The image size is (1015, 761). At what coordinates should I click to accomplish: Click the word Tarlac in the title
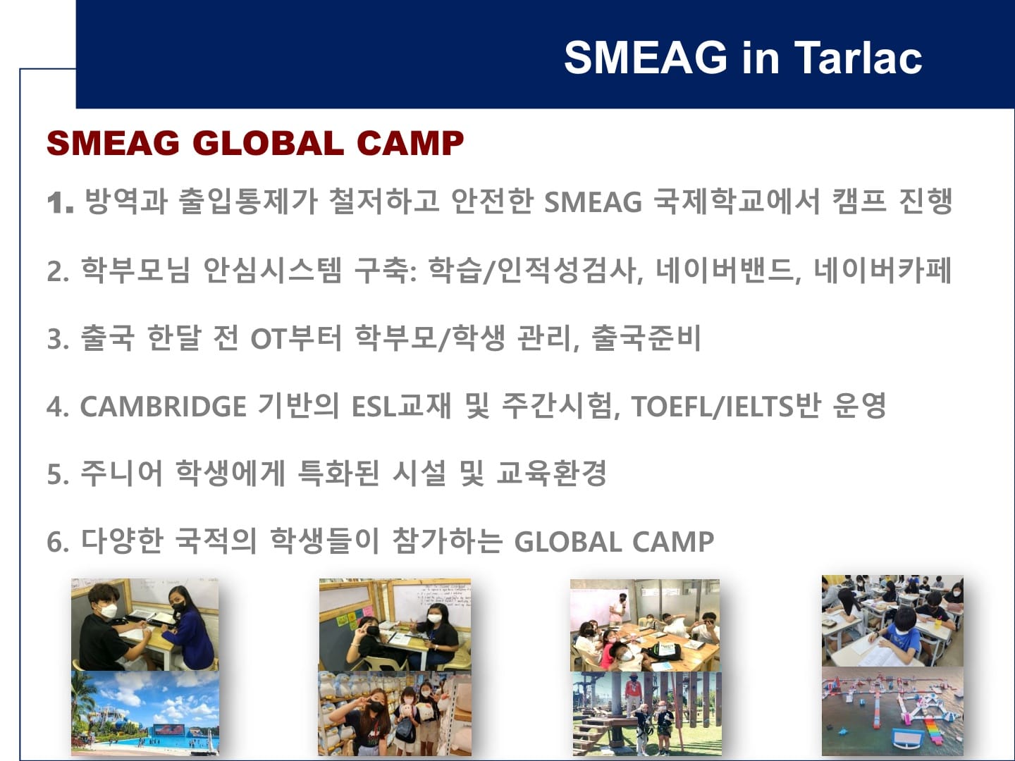pos(858,57)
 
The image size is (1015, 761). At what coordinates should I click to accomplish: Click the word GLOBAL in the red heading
pos(269,143)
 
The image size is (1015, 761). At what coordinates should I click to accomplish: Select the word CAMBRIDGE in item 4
pos(163,407)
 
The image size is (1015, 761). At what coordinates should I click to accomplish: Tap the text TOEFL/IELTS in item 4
pos(713,407)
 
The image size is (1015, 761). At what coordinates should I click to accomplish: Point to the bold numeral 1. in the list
pos(61,202)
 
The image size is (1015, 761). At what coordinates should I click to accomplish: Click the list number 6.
pos(59,542)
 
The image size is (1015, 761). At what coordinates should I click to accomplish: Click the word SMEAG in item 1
pos(593,202)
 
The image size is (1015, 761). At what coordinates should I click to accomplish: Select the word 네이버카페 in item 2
pos(882,271)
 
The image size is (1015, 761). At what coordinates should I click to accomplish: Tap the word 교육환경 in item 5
pos(551,473)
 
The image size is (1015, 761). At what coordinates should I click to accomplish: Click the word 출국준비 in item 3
pos(646,338)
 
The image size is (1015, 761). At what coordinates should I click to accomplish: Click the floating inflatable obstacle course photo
pos(892,712)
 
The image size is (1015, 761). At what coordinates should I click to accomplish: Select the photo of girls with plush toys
pos(395,713)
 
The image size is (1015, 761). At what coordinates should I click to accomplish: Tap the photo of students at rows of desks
pos(892,621)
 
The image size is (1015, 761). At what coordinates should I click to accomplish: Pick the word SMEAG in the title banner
pos(646,57)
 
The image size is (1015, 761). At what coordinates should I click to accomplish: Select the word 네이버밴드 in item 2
pos(726,271)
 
